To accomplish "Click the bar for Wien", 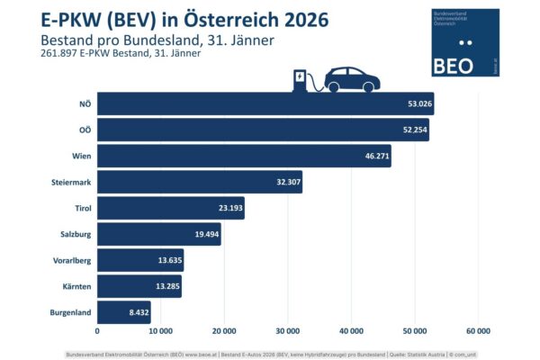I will (x=244, y=156).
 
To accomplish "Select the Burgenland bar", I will (x=123, y=312).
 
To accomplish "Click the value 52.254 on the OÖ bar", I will (x=414, y=130).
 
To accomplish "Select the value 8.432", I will (x=137, y=312).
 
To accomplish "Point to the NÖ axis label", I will (x=85, y=103).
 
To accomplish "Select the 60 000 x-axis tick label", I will (x=478, y=330).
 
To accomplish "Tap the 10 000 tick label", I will (x=160, y=330).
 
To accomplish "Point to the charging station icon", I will (x=299, y=81).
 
